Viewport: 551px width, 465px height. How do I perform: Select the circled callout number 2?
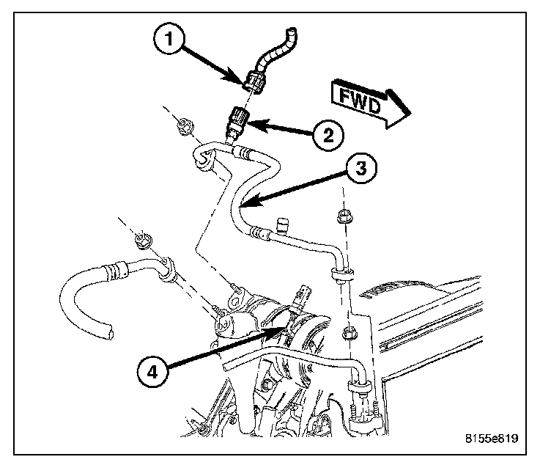(326, 134)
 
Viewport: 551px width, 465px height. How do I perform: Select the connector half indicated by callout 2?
(240, 117)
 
